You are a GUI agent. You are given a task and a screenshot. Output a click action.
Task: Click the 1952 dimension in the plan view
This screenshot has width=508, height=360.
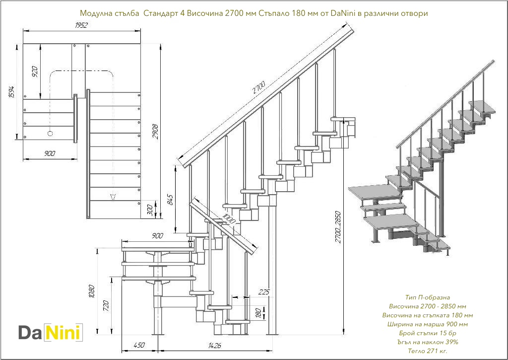(x=82, y=25)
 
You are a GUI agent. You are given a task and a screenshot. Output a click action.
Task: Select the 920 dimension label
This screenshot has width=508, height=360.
(x=35, y=72)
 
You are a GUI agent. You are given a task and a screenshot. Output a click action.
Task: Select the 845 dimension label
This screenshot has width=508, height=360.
(x=170, y=199)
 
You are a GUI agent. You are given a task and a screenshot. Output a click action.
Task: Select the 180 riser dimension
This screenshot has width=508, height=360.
(x=258, y=313)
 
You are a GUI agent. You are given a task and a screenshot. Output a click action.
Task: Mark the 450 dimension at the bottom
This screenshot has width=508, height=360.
(x=139, y=345)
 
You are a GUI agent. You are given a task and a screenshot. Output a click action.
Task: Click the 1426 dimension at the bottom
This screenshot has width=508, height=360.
(x=215, y=345)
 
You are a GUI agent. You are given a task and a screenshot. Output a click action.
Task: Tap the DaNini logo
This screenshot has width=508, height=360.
(x=50, y=332)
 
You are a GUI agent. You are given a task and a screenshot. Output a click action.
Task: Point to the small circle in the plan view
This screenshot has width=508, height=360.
(x=50, y=133)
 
